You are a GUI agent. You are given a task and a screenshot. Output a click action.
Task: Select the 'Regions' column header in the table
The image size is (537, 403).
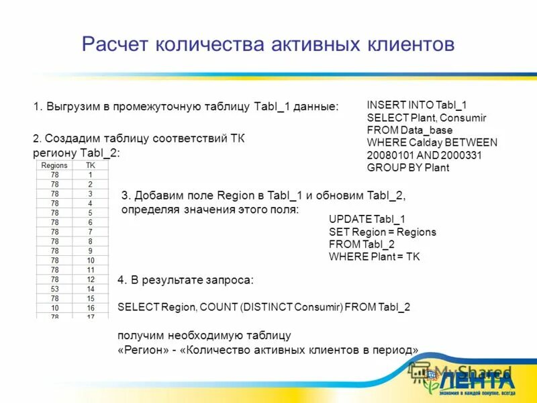[54, 165]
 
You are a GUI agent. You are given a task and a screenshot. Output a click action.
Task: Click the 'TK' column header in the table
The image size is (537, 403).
[91, 165]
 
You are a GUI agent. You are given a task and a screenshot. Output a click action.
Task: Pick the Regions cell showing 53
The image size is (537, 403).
[54, 288]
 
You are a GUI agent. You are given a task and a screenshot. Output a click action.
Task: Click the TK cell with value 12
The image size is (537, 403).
[91, 279]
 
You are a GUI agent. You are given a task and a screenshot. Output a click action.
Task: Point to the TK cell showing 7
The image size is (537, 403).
[91, 231]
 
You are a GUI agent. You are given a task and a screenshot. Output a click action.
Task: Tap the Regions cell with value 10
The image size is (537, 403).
[54, 307]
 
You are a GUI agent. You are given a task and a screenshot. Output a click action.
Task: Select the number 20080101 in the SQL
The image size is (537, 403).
[389, 154]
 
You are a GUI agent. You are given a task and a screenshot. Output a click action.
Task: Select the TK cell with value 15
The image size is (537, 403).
[91, 298]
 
